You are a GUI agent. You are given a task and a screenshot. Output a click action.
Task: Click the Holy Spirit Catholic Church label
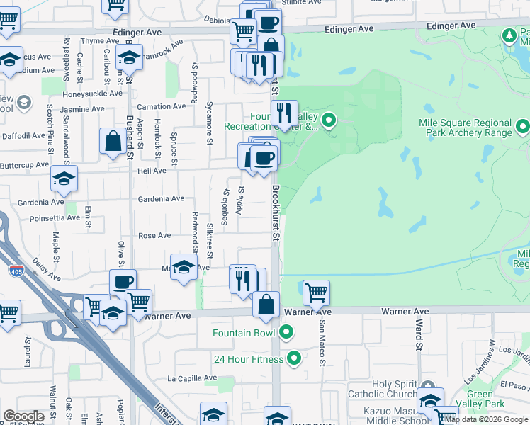point(383,389)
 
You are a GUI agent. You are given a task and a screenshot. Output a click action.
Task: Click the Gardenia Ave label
point(161,199)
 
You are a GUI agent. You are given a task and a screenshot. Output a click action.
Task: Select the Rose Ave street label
point(154,235)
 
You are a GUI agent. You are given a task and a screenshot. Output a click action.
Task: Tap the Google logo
point(23,416)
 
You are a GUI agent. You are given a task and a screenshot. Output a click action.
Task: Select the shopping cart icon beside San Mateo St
point(316,291)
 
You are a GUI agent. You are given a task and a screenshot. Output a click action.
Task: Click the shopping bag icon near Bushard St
point(113,140)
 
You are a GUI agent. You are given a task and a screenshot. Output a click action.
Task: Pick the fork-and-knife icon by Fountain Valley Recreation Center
point(284,112)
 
